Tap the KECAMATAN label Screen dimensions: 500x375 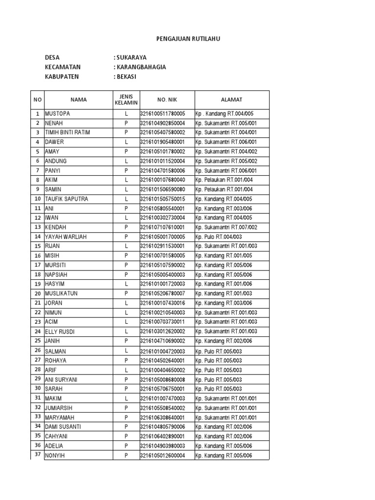pyautogui.click(x=62, y=67)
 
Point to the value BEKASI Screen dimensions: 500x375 pyautogui.click(x=125, y=77)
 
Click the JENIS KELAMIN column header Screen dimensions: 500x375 pyautogui.click(x=126, y=100)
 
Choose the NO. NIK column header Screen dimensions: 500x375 pyautogui.click(x=167, y=100)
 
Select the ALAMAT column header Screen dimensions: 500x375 pyautogui.click(x=231, y=100)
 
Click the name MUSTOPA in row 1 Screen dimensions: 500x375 pyautogui.click(x=58, y=114)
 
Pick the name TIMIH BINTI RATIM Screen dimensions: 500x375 pyautogui.click(x=67, y=132)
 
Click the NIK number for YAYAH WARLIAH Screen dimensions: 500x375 pyautogui.click(x=163, y=237)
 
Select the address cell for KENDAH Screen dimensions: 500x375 pyautogui.click(x=226, y=227)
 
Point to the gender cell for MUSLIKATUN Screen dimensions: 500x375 pyautogui.click(x=126, y=293)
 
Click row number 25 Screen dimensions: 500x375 pyautogui.click(x=37, y=341)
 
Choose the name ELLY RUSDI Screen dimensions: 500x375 pyautogui.click(x=60, y=332)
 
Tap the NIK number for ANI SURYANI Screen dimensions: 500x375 pyautogui.click(x=163, y=379)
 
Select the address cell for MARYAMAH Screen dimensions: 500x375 pyautogui.click(x=226, y=417)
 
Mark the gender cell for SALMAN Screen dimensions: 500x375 pyautogui.click(x=126, y=351)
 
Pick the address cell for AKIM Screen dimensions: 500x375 pyautogui.click(x=224, y=180)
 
